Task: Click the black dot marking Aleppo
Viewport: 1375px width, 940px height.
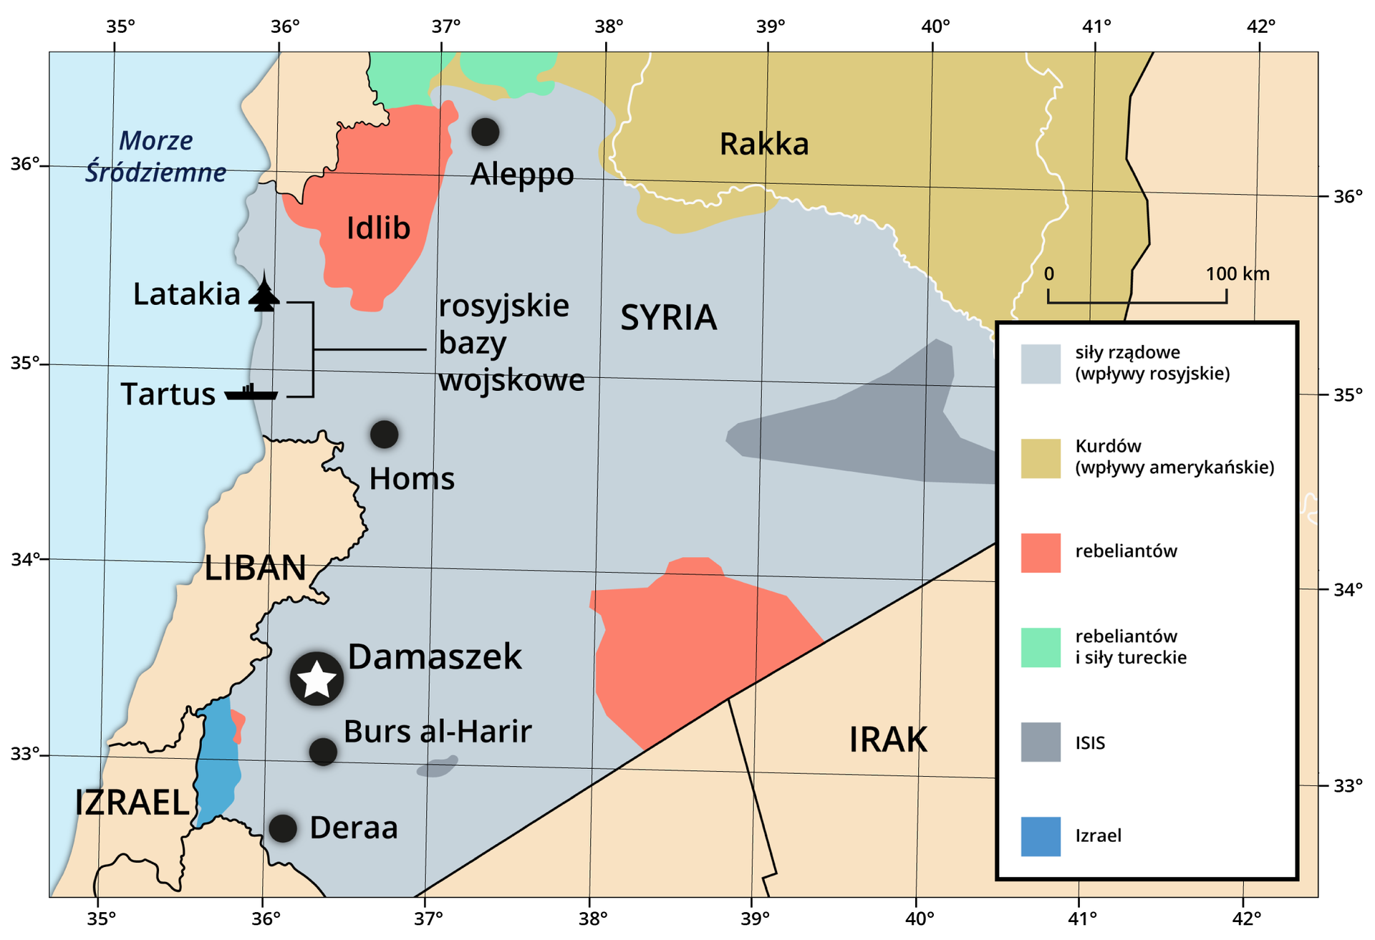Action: tap(485, 132)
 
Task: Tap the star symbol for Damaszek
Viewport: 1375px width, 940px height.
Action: tap(317, 679)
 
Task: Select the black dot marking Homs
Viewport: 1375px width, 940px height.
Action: tap(384, 435)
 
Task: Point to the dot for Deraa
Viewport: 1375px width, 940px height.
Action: tap(283, 828)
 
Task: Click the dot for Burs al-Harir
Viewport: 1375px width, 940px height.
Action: tap(323, 752)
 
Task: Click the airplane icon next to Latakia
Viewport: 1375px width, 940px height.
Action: tap(264, 294)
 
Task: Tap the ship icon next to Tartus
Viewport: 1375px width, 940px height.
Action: tap(251, 392)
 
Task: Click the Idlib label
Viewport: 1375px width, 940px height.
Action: tap(378, 228)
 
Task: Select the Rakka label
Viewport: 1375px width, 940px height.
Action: tap(763, 144)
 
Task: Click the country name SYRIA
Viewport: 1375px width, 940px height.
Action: tap(667, 318)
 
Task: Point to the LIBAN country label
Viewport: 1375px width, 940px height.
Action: tap(255, 568)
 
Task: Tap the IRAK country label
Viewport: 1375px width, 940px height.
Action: tap(888, 740)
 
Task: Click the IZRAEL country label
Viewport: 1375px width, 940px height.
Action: tap(132, 803)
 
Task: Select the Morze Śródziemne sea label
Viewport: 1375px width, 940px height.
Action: tap(155, 157)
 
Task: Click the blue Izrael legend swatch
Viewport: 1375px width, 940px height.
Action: tap(1040, 836)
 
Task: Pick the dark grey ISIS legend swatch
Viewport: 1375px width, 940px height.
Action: tap(1040, 742)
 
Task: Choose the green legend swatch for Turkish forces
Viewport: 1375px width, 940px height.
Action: tap(1040, 647)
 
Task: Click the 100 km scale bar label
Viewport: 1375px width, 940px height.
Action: tap(1237, 274)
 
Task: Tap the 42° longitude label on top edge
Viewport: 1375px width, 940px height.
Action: tap(1260, 26)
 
